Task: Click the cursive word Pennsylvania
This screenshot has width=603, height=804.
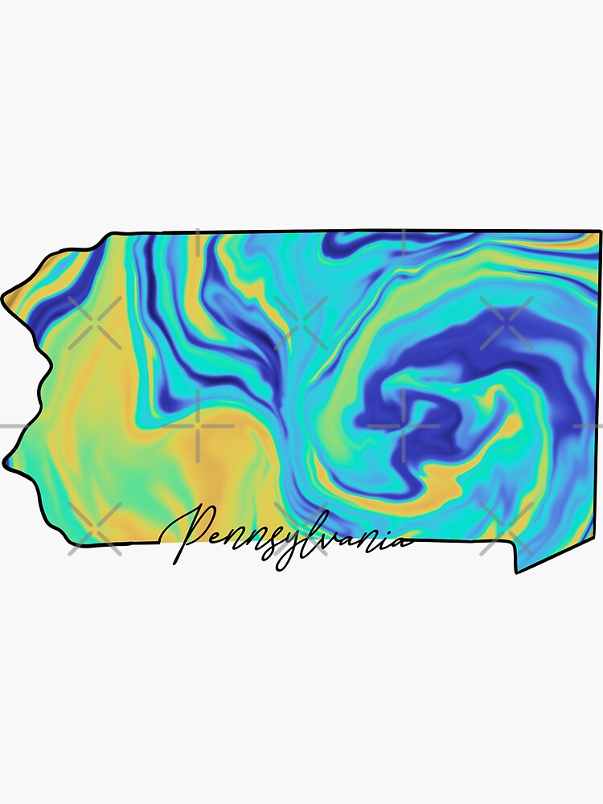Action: pyautogui.click(x=289, y=535)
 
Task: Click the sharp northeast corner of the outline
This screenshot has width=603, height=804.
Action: pyautogui.click(x=600, y=232)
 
